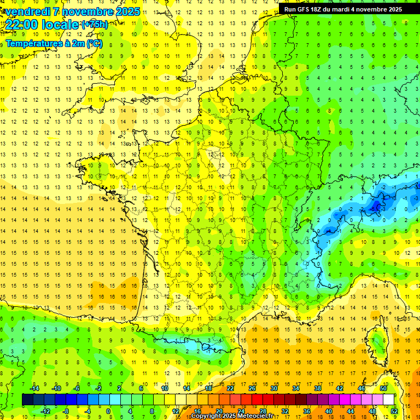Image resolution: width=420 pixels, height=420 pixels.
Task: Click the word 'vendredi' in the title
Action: point(27,11)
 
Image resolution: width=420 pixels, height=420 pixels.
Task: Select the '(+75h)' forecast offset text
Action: point(94,25)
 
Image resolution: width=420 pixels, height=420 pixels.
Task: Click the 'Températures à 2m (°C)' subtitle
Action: point(54,43)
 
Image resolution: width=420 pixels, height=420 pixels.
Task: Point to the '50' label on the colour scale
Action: point(383,388)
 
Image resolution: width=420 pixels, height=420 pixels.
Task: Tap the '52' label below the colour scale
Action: point(394,411)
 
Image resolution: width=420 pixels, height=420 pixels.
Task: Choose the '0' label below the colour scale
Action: point(108,411)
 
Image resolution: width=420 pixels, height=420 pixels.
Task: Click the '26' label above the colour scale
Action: point(252,388)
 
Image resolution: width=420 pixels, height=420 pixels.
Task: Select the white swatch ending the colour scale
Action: point(389,400)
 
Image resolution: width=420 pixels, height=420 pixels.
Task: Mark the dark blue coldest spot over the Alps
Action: point(375,206)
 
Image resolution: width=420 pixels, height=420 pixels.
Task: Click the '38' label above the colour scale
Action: point(317,388)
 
